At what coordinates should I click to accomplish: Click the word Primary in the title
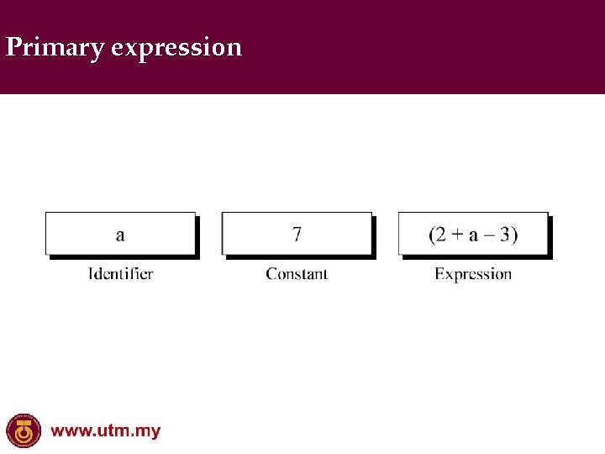point(55,47)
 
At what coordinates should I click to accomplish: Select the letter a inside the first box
point(120,235)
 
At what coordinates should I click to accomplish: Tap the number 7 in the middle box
point(297,234)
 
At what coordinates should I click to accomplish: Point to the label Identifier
point(121,273)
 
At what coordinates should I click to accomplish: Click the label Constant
point(297,273)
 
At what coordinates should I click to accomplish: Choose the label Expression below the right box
point(473,274)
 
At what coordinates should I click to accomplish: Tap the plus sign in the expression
point(458,235)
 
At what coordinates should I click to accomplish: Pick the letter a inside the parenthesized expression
point(473,235)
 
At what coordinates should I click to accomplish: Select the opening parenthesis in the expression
point(433,235)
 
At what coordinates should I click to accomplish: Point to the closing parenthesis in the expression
point(514,235)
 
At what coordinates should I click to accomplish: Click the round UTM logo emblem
point(24,431)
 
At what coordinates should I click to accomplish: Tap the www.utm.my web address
point(106,431)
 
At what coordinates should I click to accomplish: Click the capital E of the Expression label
point(439,273)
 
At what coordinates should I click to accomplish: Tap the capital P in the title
point(13,47)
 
